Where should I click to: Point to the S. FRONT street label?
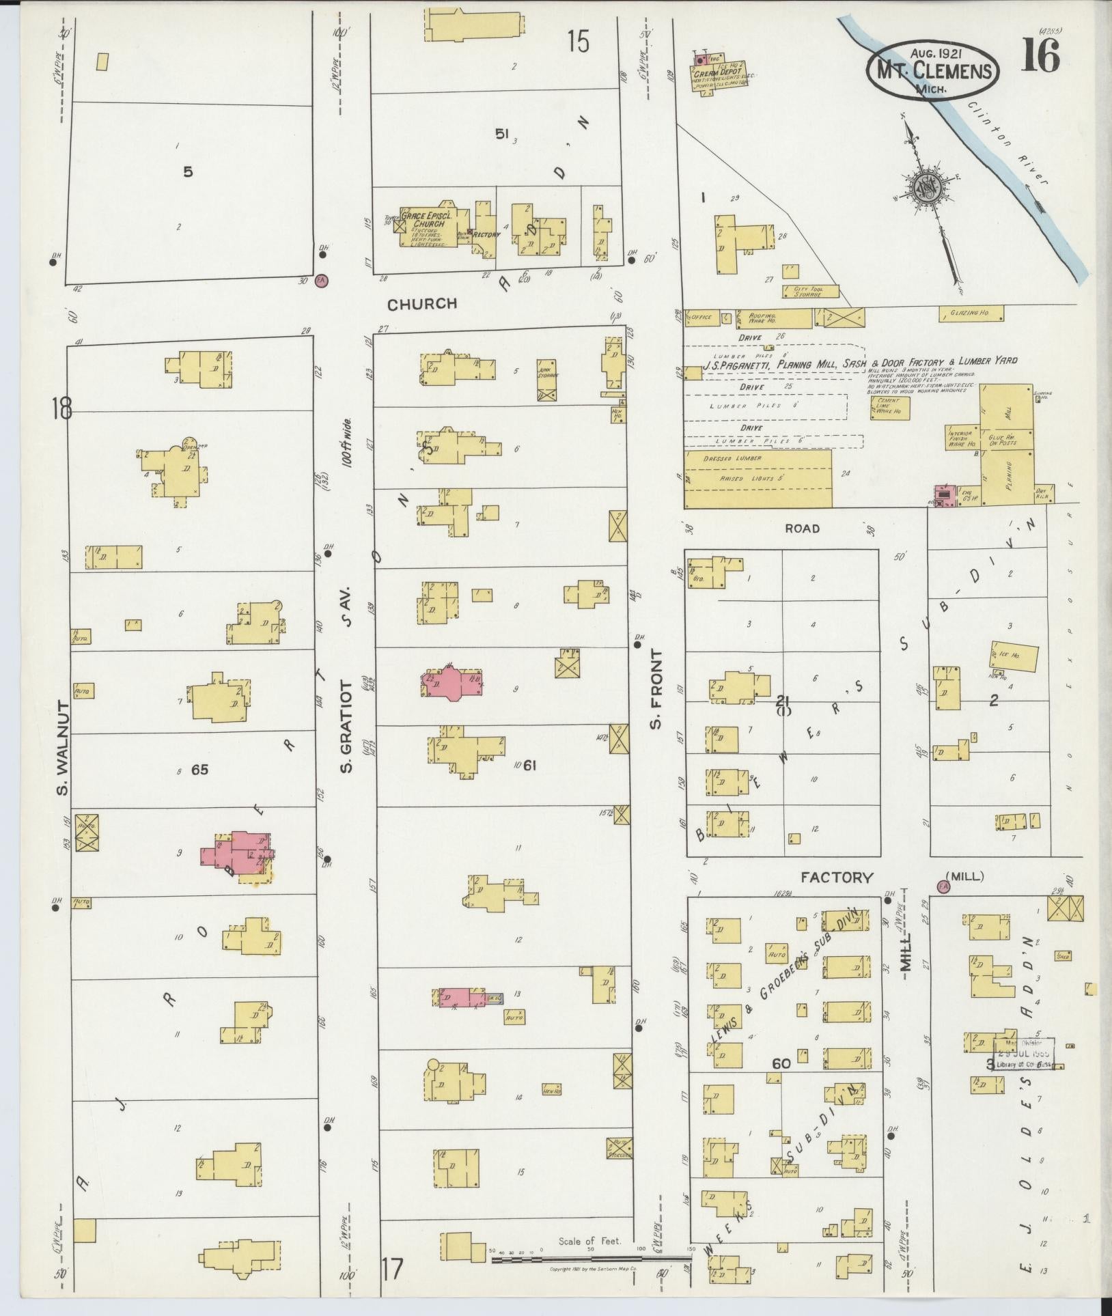pos(656,690)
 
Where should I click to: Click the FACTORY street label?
pos(837,877)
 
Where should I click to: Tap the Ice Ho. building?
pos(1014,656)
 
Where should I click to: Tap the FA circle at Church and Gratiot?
pos(321,279)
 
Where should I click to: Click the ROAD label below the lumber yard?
pos(802,528)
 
